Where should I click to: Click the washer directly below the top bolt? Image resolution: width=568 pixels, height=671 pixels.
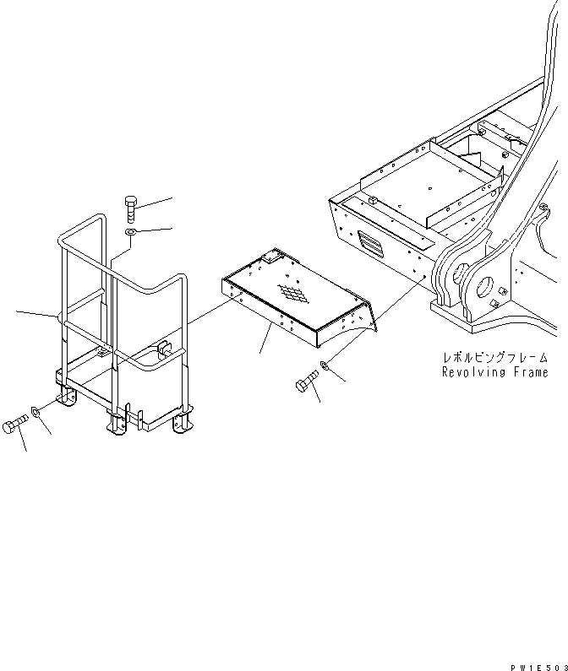pos(129,233)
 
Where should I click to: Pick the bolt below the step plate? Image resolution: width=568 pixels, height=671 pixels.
pos(306,385)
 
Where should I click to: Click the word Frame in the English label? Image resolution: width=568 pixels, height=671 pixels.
pos(532,372)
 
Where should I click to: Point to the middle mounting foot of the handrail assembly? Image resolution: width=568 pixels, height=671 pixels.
pos(114,425)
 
